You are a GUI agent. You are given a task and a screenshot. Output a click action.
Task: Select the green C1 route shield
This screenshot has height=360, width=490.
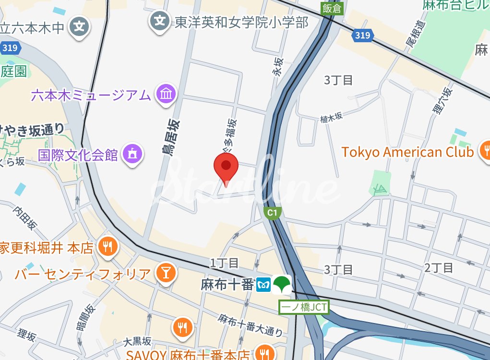pyautogui.click(x=273, y=212)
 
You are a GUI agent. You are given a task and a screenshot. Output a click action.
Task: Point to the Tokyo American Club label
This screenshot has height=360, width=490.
pyautogui.click(x=407, y=152)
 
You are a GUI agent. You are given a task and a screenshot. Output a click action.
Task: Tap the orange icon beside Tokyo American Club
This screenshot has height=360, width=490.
pyautogui.click(x=485, y=150)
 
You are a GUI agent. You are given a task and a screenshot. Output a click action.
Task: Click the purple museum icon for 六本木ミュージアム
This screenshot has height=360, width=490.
pyautogui.click(x=166, y=94)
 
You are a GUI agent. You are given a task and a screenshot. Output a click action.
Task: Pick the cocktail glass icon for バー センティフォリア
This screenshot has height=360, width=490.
pyautogui.click(x=166, y=273)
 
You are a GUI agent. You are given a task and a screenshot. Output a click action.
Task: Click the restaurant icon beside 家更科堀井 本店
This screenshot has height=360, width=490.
pyautogui.click(x=108, y=247)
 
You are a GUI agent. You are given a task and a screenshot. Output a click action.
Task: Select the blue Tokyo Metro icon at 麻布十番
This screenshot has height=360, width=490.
pyautogui.click(x=263, y=284)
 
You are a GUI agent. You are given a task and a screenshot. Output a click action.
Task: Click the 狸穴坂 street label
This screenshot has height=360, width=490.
pyautogui.click(x=442, y=101)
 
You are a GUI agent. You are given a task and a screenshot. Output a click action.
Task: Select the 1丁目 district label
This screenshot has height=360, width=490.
pyautogui.click(x=224, y=263)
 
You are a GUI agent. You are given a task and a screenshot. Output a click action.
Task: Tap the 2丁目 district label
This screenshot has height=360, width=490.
pyautogui.click(x=439, y=267)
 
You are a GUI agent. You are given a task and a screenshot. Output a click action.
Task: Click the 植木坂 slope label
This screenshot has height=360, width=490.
pyautogui.click(x=331, y=117)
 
